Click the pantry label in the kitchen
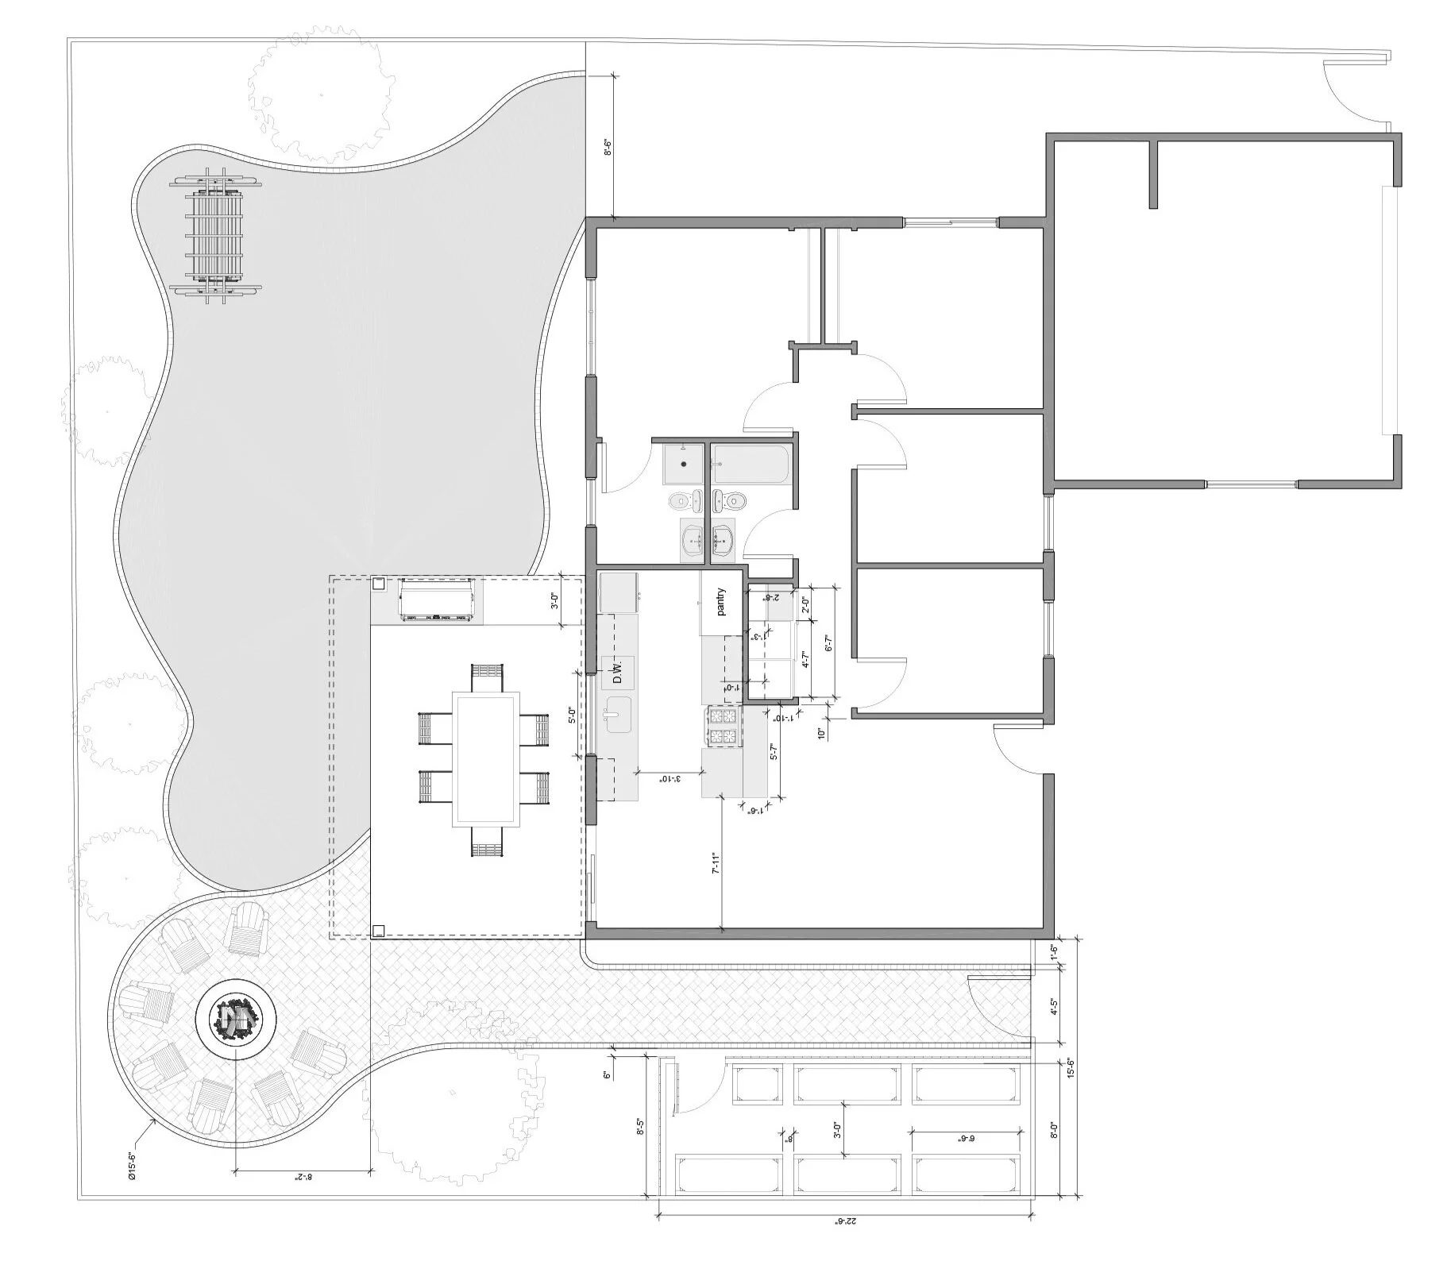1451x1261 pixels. point(722,601)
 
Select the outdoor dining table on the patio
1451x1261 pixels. point(485,758)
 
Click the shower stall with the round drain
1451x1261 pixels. point(682,463)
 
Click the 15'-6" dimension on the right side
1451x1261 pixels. point(1070,1068)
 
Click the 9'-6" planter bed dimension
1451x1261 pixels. point(965,1138)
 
